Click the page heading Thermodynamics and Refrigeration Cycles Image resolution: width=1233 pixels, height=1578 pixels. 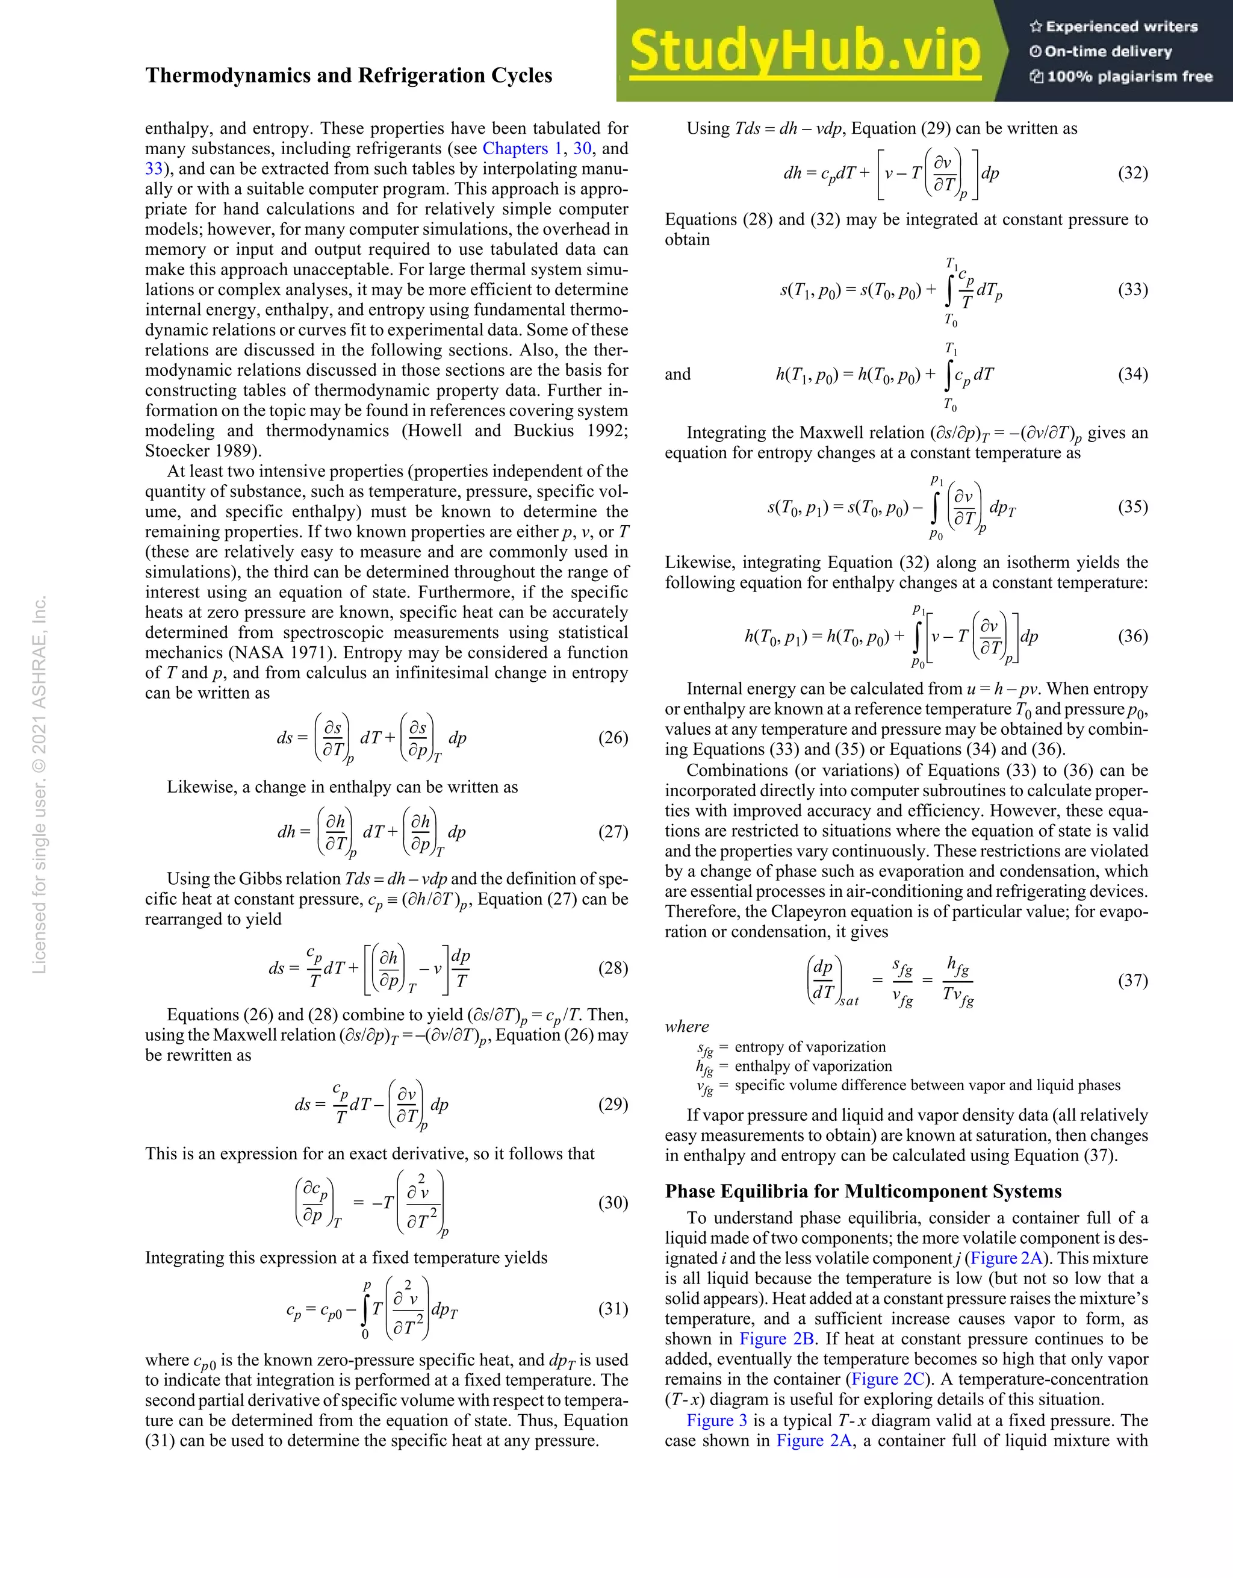click(x=348, y=76)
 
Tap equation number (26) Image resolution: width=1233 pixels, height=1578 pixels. click(x=612, y=738)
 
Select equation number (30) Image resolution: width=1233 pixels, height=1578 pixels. click(x=612, y=1202)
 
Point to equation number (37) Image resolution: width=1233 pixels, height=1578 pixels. click(x=1132, y=981)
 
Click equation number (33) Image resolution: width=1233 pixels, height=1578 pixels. click(x=1132, y=290)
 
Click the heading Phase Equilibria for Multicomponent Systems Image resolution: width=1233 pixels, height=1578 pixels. click(x=863, y=1191)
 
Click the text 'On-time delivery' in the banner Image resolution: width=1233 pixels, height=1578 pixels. click(x=1108, y=52)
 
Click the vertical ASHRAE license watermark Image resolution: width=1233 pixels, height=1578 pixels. click(x=40, y=784)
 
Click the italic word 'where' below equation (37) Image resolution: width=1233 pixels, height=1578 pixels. click(x=687, y=1027)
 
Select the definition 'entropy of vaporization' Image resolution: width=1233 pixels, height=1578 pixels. click(x=810, y=1047)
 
